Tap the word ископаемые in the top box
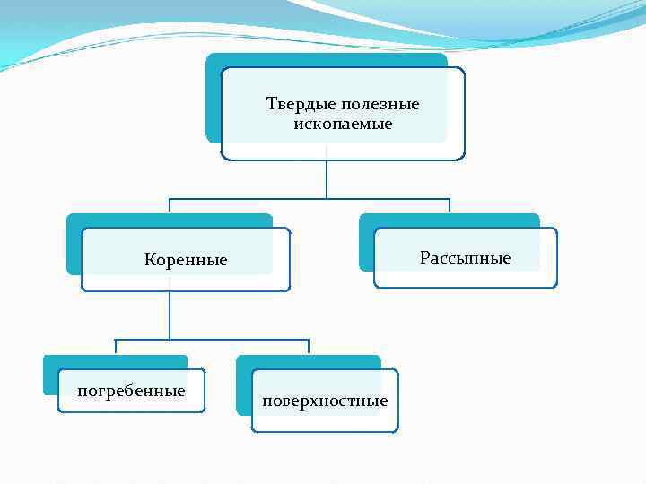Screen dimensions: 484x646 coord(343,123)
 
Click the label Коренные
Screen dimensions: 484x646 coord(186,260)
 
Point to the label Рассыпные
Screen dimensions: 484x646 coord(465,258)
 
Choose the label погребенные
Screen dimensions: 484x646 coord(132,391)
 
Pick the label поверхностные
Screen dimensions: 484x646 coord(325,401)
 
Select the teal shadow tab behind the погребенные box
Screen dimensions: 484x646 coord(50,376)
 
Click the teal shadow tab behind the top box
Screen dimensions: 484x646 coord(214,99)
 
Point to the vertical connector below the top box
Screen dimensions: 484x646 coord(327,179)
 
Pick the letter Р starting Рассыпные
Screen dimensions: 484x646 coord(424,258)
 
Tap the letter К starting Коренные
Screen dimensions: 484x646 coord(150,260)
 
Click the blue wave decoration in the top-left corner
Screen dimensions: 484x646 coord(54,31)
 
